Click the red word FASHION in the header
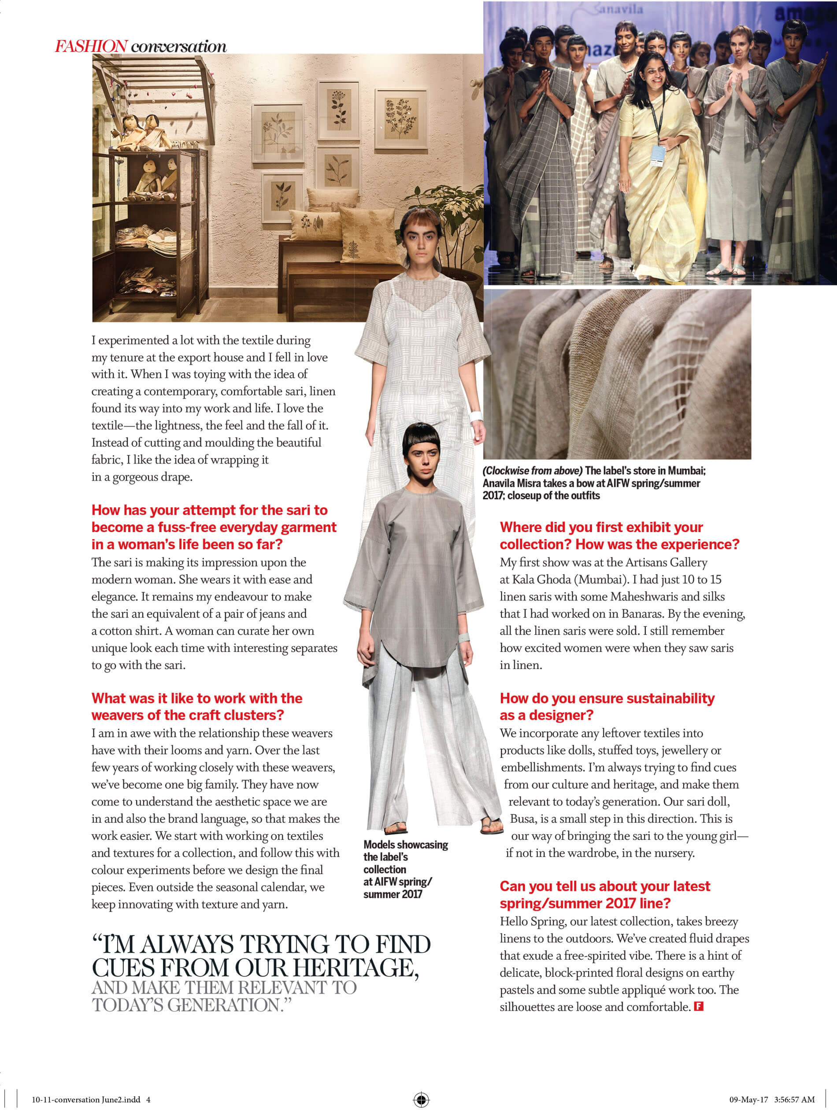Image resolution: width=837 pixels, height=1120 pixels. coord(91,47)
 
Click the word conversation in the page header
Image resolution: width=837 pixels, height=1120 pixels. coord(179,47)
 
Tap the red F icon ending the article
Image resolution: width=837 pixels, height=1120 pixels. coord(699,1006)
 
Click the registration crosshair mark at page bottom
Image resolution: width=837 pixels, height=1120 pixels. coord(421,1099)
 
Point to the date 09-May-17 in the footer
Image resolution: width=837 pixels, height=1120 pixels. coord(748,1099)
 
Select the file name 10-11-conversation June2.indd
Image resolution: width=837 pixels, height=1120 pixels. coord(86,1099)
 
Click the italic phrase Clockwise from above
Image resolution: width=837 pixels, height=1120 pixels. coord(532,470)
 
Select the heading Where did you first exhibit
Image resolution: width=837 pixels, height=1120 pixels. coord(601,527)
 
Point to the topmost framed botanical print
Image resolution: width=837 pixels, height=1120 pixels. coord(339,110)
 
